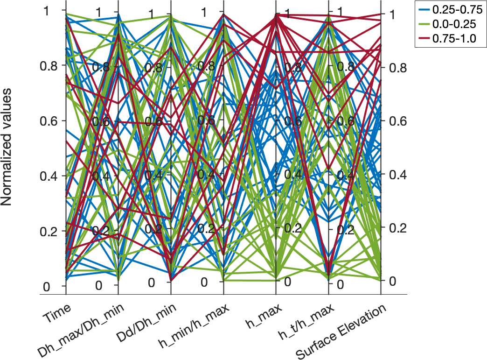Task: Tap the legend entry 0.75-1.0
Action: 451,39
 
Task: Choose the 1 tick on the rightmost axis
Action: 388,14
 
